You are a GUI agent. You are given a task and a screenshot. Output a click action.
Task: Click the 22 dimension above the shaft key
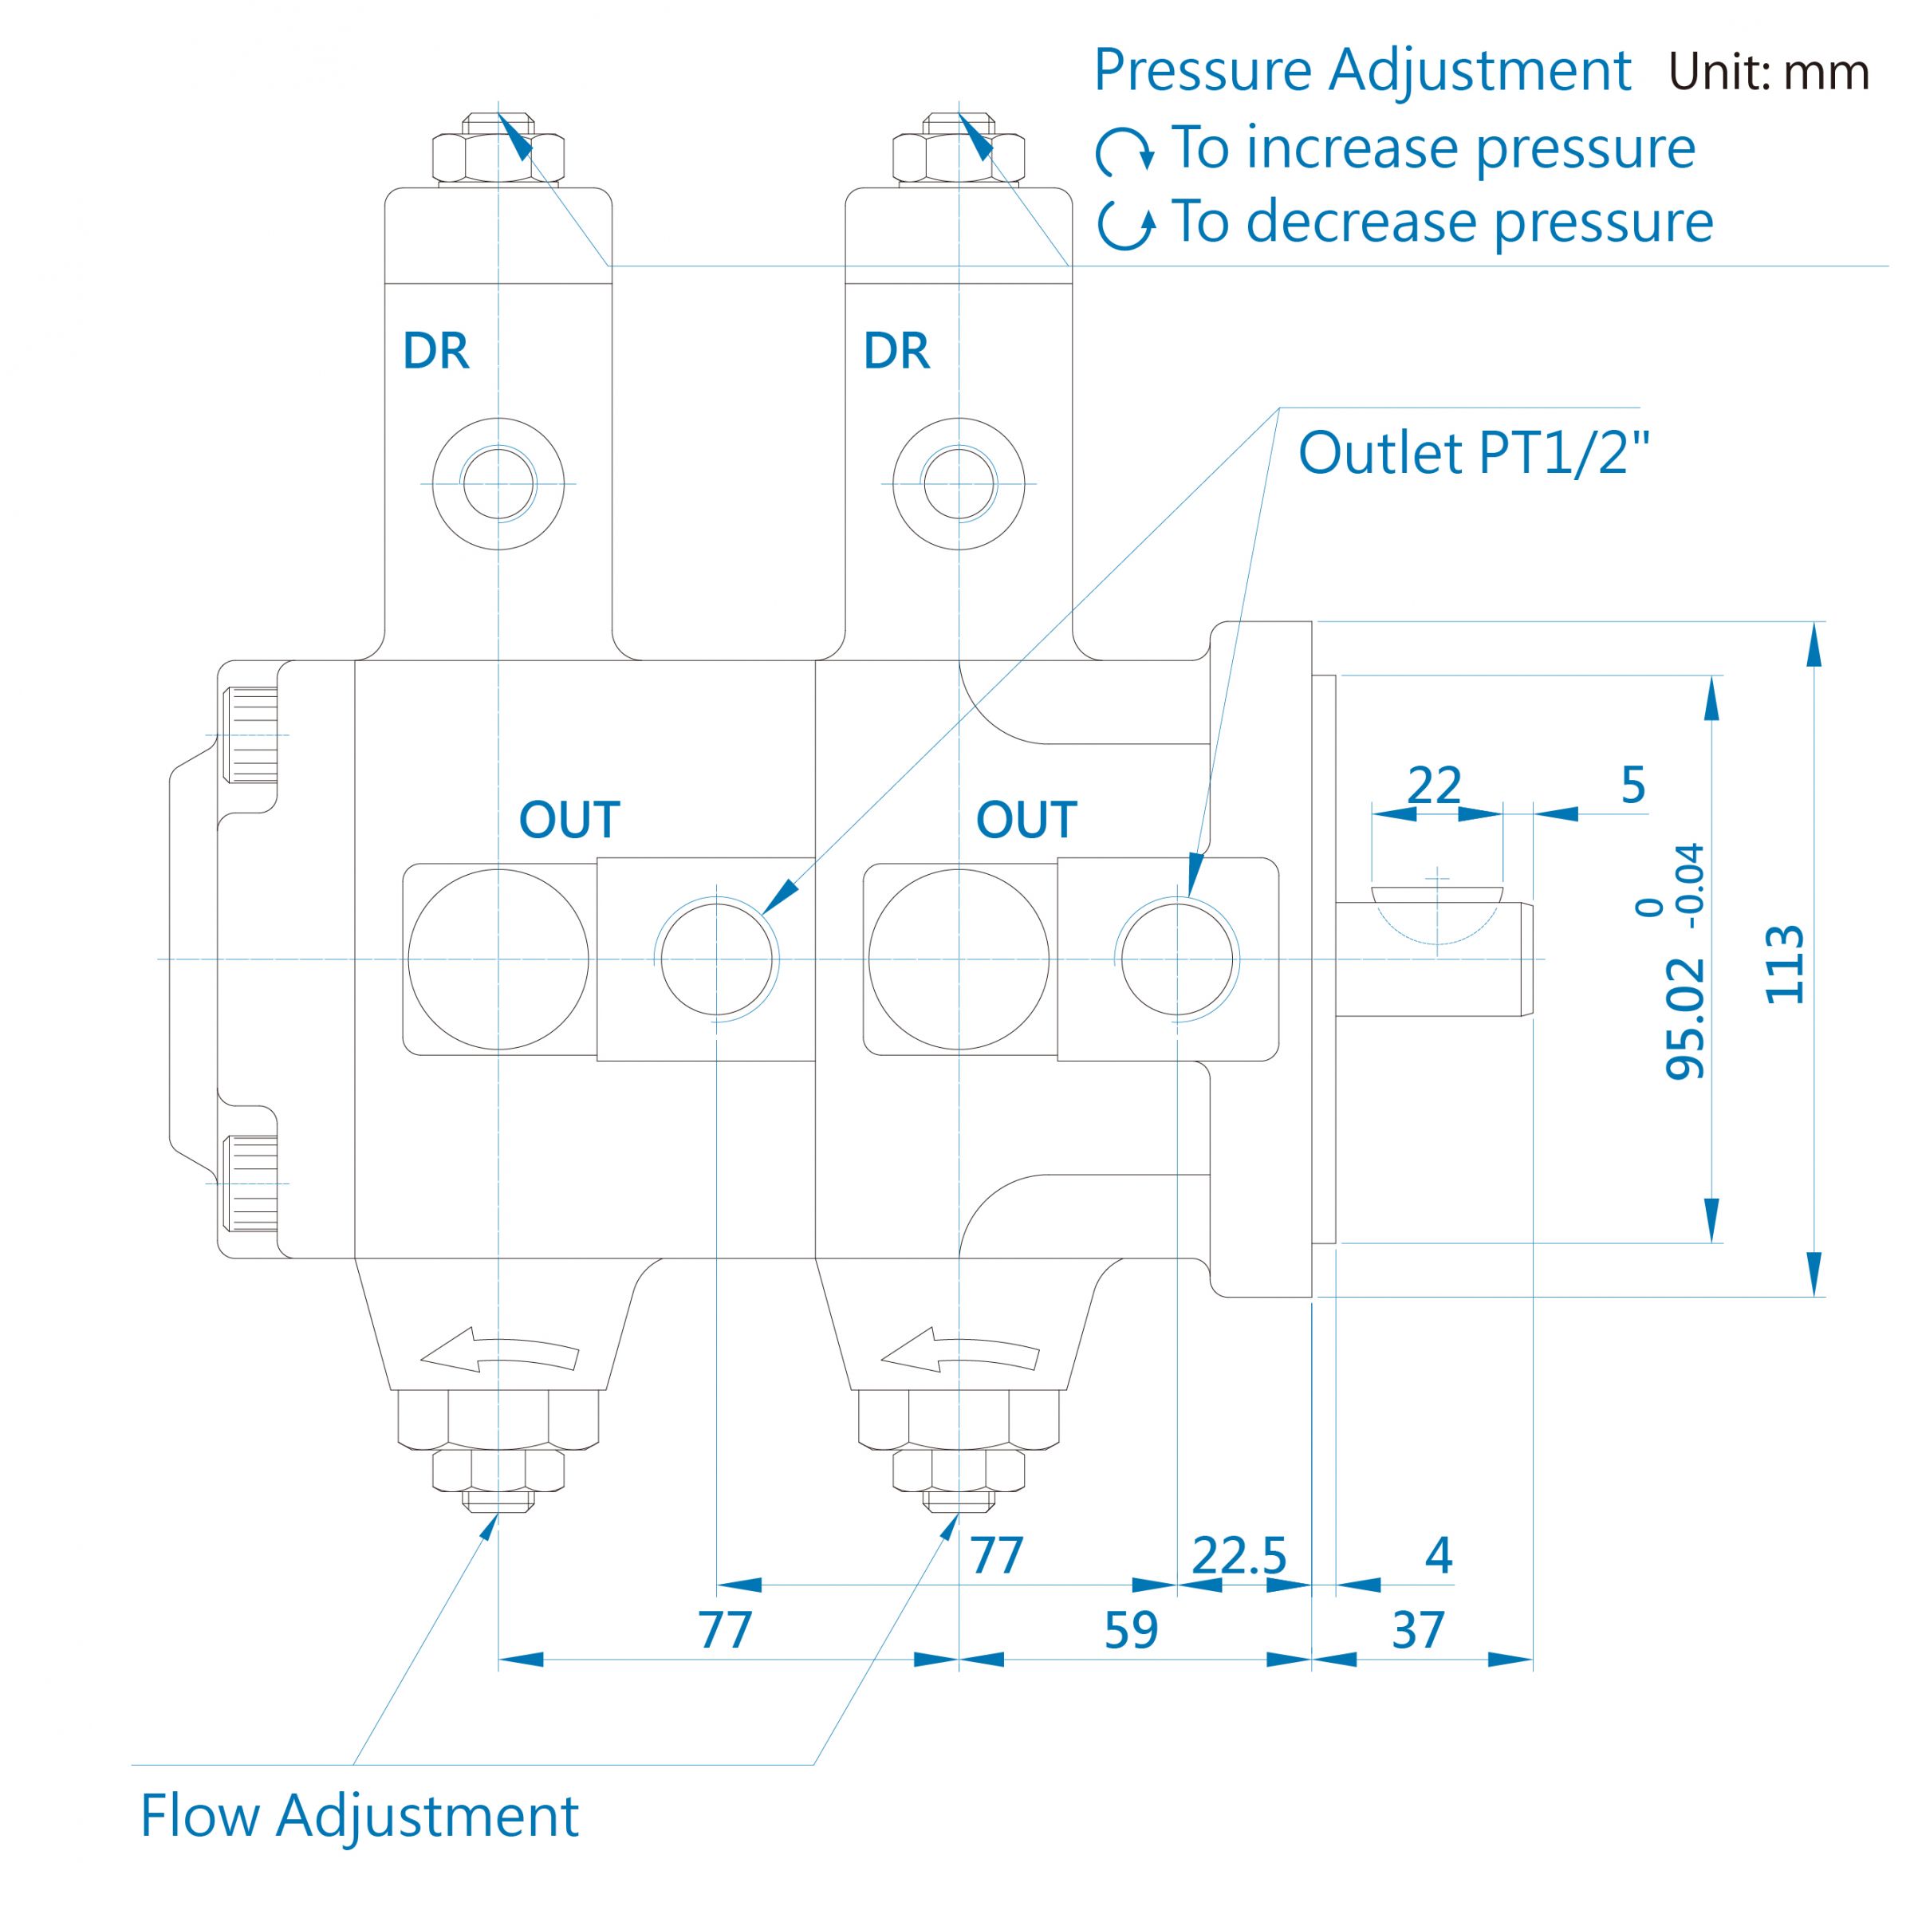(x=1434, y=786)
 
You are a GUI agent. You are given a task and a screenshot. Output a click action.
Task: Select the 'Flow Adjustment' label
(x=360, y=1816)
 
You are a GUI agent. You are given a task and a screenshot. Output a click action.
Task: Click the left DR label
(x=436, y=351)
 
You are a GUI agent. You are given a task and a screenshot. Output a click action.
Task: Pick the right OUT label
(x=1026, y=821)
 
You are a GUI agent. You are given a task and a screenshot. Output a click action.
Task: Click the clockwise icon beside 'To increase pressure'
(x=1125, y=152)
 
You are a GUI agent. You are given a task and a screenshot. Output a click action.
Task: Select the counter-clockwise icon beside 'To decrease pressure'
(x=1126, y=226)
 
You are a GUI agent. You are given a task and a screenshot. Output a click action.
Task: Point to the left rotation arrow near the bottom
(x=498, y=1351)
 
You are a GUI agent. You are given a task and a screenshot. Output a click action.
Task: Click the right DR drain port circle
(x=959, y=483)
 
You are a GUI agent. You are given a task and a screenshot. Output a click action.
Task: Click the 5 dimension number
(x=1633, y=786)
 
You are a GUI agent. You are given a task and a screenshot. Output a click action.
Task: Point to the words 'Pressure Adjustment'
(x=1362, y=71)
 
